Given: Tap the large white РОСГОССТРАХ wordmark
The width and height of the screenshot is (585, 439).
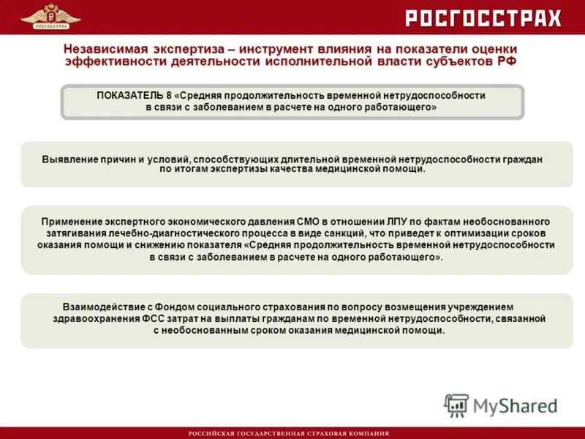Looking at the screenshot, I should click(483, 18).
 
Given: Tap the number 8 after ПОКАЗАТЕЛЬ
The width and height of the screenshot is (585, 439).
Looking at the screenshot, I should click(170, 96).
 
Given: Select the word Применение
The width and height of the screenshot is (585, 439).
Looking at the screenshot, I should click(72, 221).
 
